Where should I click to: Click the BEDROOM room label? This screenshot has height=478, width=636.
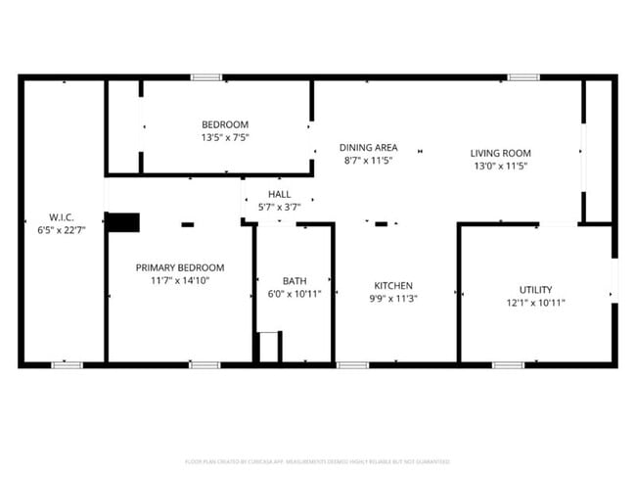point(225,124)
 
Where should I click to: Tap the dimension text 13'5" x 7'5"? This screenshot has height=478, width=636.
point(225,138)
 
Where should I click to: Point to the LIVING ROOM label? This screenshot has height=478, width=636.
point(500,153)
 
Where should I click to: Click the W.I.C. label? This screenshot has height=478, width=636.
point(62,216)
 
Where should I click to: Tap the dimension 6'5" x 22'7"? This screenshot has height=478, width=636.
point(62,229)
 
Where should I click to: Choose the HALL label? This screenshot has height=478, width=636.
point(279,194)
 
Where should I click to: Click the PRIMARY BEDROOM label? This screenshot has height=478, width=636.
point(180,267)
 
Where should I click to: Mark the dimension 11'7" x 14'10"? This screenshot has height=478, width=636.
point(180,280)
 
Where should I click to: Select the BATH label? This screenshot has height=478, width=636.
point(295,281)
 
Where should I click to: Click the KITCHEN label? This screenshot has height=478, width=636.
point(391,285)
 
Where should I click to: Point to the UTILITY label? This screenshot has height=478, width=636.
point(535,289)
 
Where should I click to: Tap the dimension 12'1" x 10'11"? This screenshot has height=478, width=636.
point(535,303)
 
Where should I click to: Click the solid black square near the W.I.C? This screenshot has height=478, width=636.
point(122,222)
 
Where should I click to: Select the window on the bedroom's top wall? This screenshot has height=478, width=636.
point(205,76)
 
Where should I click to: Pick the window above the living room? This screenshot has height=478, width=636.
point(523,76)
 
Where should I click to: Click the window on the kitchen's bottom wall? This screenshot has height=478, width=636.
point(352,365)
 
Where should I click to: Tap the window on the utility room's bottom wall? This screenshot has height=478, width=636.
point(508,365)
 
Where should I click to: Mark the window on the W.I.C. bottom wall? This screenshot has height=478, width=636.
point(67,365)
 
